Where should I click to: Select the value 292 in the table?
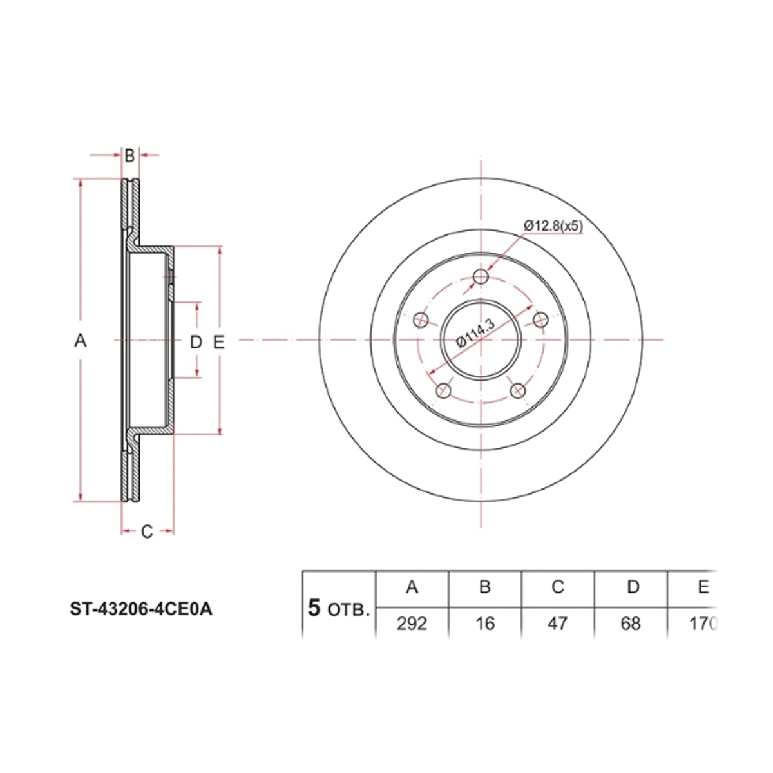pyautogui.click(x=412, y=624)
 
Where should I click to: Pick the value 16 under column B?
pyautogui.click(x=485, y=624)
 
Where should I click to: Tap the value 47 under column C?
pyautogui.click(x=558, y=624)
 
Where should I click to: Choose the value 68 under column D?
pyautogui.click(x=631, y=624)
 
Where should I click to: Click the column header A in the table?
pyautogui.click(x=412, y=587)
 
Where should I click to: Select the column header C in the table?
pyautogui.click(x=558, y=587)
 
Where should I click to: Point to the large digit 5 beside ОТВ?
pyautogui.click(x=314, y=607)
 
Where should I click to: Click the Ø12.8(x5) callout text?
pyautogui.click(x=553, y=226)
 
